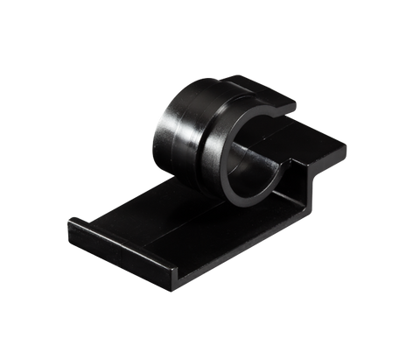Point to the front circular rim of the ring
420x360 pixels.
point(229,175)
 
